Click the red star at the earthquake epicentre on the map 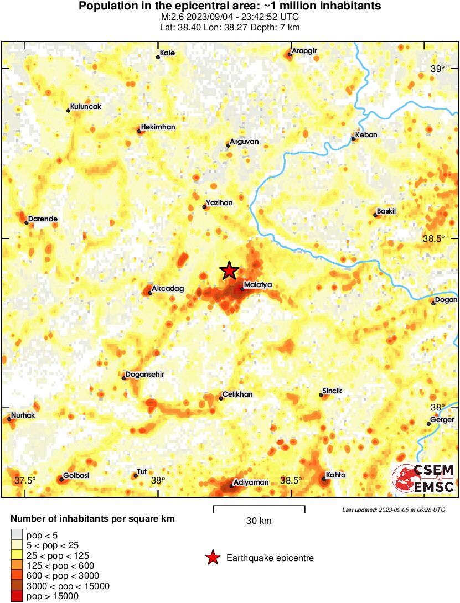pyautogui.click(x=229, y=271)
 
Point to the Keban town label pyautogui.click(x=366, y=135)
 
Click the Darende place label pyautogui.click(x=43, y=219)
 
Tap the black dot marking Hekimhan pyautogui.click(x=138, y=131)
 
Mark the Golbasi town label pyautogui.click(x=76, y=476)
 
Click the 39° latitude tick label pyautogui.click(x=437, y=69)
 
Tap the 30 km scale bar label pyautogui.click(x=259, y=521)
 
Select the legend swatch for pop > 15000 pyautogui.click(x=17, y=596)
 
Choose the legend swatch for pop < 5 pyautogui.click(x=17, y=534)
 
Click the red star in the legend pyautogui.click(x=213, y=558)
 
